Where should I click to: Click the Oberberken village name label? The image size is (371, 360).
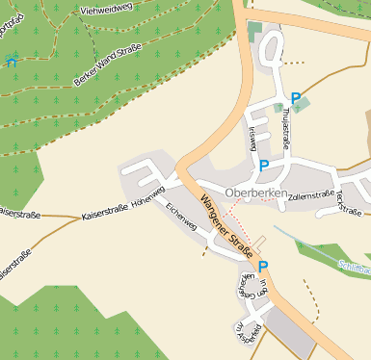pyautogui.click(x=255, y=193)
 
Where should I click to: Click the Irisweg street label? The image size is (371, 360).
pyautogui.click(x=252, y=139)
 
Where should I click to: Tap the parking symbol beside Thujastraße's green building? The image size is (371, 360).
pyautogui.click(x=295, y=97)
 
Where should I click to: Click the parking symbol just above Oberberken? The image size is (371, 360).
pyautogui.click(x=264, y=166)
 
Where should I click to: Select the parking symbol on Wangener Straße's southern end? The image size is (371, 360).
pyautogui.click(x=262, y=267)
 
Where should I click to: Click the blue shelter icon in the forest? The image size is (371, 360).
pyautogui.click(x=11, y=62)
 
